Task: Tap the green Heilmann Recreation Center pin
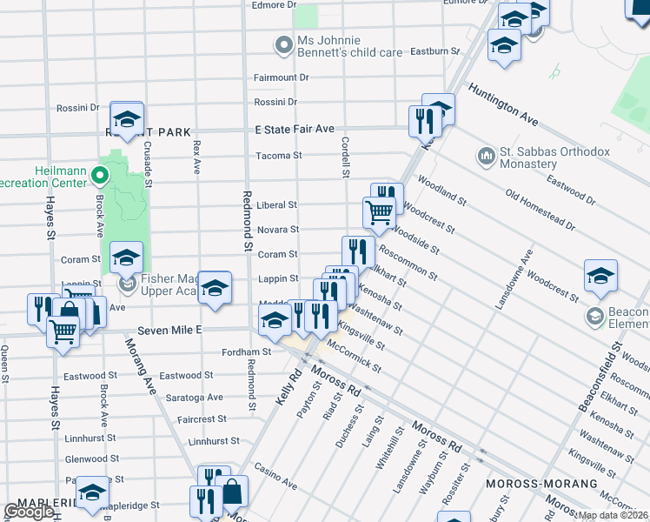tap(100, 176)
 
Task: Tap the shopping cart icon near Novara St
tap(379, 212)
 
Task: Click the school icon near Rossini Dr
tap(127, 119)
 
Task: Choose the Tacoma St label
tap(278, 157)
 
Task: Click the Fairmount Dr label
tap(281, 77)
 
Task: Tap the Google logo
tap(29, 512)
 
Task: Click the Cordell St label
tap(345, 157)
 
